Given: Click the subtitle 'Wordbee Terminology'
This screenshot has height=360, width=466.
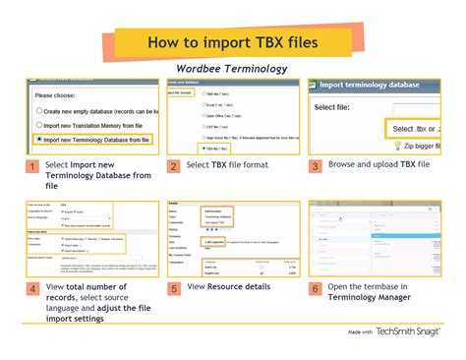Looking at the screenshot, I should coord(232,69).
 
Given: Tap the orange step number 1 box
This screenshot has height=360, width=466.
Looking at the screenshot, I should coord(31,167).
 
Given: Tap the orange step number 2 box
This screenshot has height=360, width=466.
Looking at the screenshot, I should coord(173,167).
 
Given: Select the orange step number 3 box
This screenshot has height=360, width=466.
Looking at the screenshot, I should coord(316,167).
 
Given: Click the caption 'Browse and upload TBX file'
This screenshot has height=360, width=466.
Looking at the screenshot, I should coord(379,165).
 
